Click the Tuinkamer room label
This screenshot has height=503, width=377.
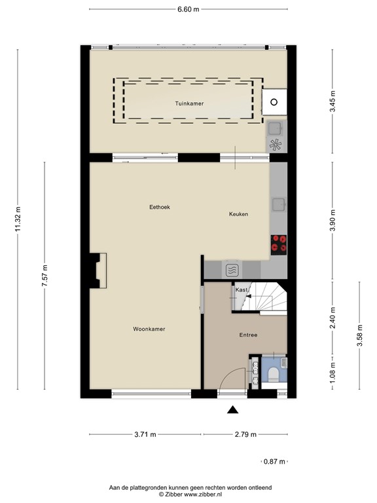coord(188,103)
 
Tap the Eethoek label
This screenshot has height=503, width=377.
coord(160,207)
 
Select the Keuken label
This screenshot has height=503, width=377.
coord(238,214)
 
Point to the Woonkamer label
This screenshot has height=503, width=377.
coord(149,329)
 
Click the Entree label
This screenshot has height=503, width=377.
coord(247,335)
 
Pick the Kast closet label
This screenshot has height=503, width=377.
coord(242,289)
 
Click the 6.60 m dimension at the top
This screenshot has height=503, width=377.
coord(188,9)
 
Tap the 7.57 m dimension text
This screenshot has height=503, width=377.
coord(45,275)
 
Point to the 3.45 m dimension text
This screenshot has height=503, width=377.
coord(332,103)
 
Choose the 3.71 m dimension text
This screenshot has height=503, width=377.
coord(145,434)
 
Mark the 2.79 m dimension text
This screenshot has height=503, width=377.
coord(245,434)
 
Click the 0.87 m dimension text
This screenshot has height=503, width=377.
coord(274,462)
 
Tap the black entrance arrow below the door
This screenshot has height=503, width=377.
coord(232,410)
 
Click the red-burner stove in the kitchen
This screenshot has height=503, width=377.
coord(279,243)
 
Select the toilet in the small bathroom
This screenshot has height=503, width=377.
coord(273,374)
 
